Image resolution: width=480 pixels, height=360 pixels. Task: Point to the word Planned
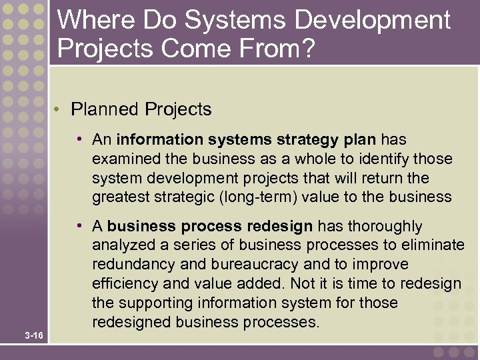(x=103, y=109)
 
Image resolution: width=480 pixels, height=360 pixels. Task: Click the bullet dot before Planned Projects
(x=60, y=109)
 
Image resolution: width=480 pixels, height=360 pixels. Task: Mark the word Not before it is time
(x=309, y=283)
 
